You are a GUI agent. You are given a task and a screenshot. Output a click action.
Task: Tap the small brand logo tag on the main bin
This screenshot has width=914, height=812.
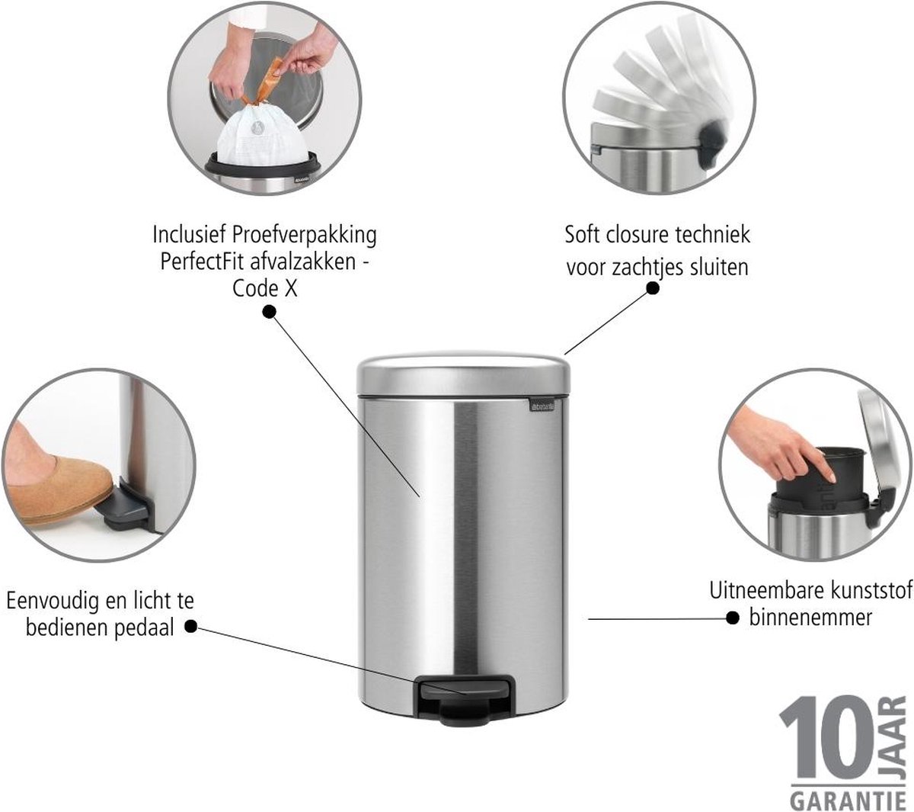(x=542, y=406)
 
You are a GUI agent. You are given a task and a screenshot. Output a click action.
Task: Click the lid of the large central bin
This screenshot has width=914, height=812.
(x=463, y=374)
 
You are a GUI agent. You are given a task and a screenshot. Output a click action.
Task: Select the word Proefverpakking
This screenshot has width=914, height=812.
(x=304, y=236)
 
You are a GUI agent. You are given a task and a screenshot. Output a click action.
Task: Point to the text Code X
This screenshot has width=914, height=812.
(x=265, y=288)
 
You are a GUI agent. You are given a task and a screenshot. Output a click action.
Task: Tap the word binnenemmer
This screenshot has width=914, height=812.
(x=810, y=618)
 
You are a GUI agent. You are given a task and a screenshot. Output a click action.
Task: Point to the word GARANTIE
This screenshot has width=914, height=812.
(x=848, y=801)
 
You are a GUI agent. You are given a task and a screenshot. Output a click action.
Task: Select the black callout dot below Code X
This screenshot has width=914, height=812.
(x=269, y=311)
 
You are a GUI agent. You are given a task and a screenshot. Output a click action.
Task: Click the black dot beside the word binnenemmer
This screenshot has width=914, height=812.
(x=733, y=618)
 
